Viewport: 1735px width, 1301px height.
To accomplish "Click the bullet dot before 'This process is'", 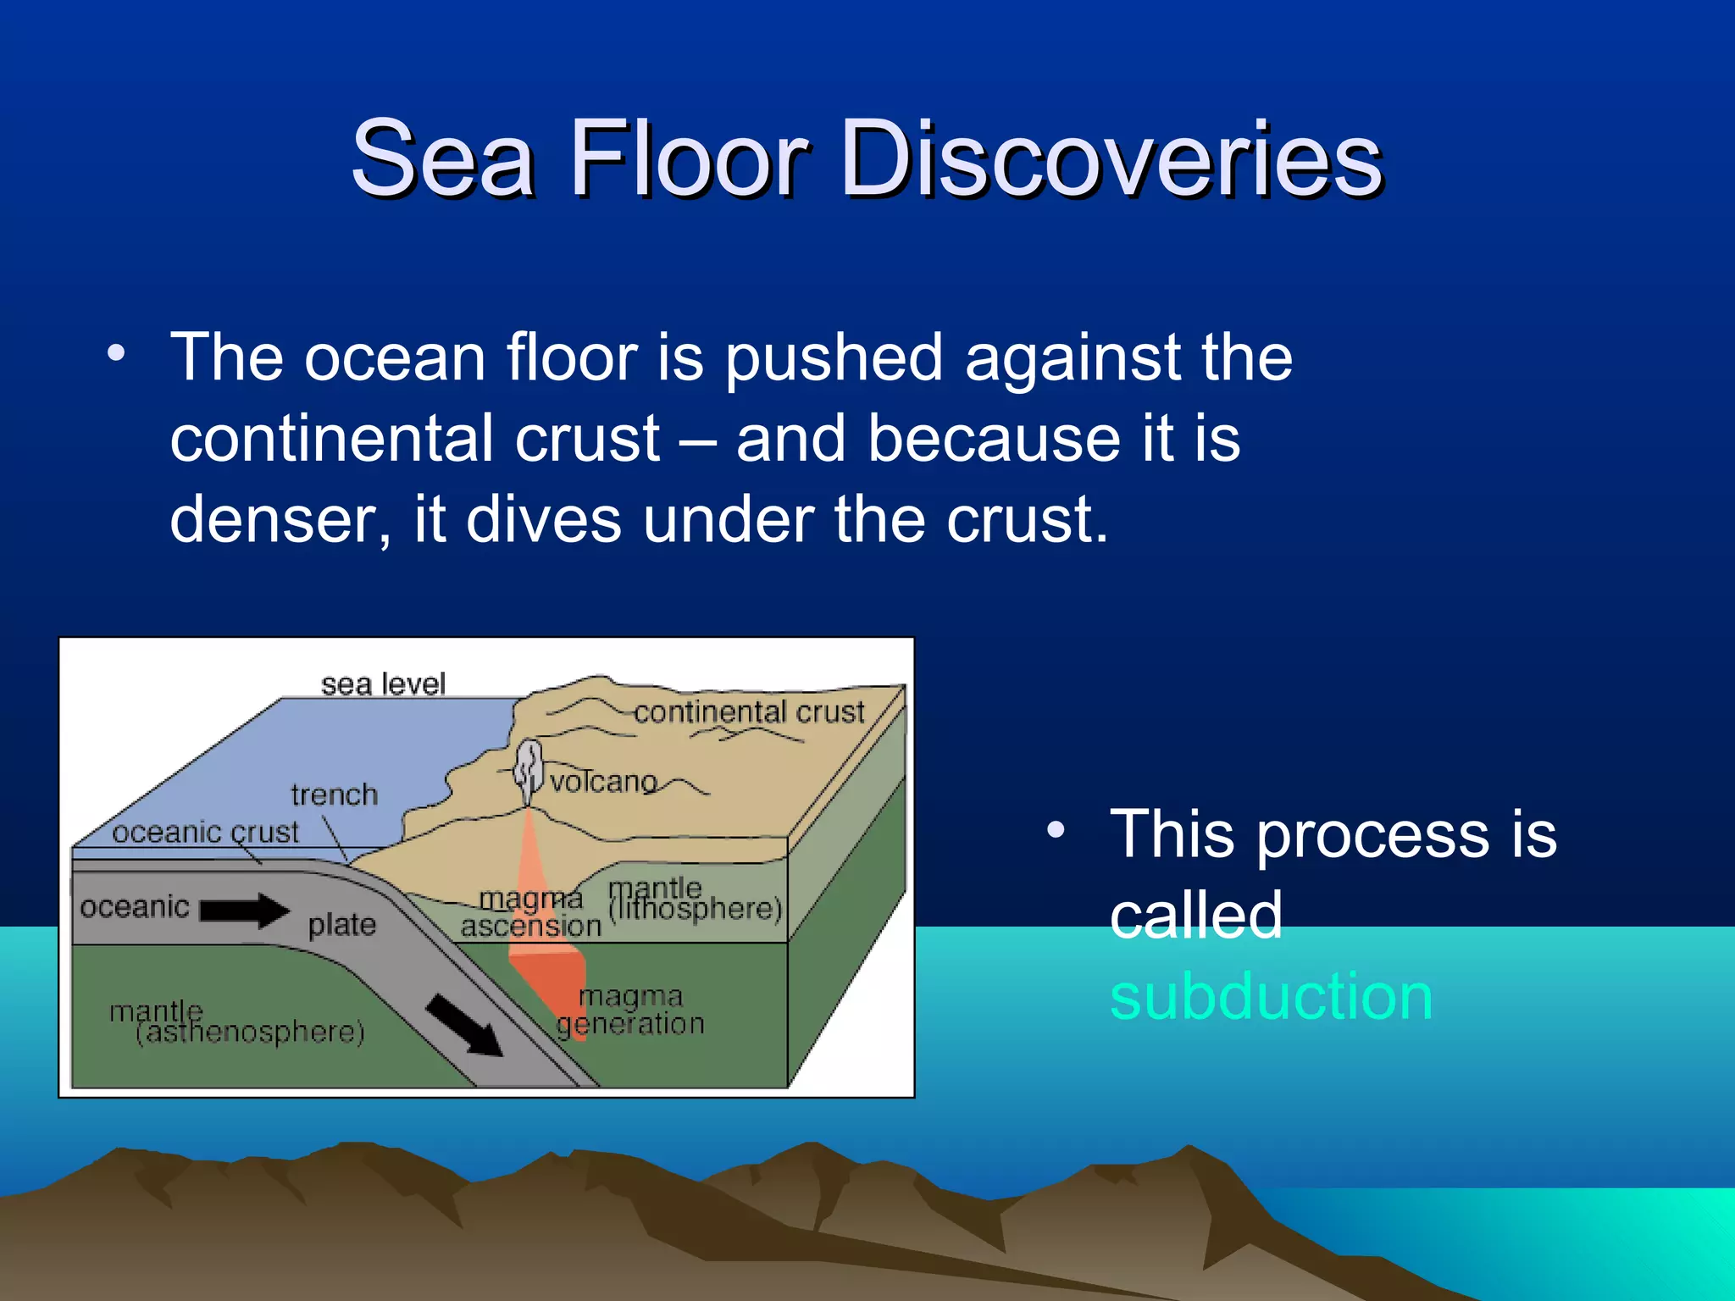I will coord(1055,831).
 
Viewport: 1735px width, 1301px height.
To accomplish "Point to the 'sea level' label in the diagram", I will coord(383,684).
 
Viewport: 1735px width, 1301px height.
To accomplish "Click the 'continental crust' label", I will coord(749,711).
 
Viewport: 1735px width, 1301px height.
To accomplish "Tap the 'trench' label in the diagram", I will coord(334,794).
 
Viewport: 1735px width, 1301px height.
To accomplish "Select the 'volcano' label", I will coord(603,781).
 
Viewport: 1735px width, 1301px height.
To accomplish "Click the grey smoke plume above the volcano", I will coord(529,767).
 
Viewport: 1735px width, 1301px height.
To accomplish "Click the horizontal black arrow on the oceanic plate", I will coord(244,911).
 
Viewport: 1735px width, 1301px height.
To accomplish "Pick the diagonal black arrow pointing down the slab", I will coord(463,1026).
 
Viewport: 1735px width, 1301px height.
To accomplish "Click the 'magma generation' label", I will coord(630,1010).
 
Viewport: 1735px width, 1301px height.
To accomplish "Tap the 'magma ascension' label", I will coord(530,912).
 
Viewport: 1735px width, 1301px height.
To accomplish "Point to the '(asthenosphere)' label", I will coord(250,1032).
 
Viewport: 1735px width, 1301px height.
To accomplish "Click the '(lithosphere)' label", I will coord(695,908).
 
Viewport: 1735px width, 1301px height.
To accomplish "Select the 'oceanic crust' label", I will coord(205,832).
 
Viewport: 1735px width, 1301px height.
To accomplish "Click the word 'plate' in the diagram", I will coord(341,924).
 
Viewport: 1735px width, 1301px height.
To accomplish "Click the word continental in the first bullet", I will coord(414,438).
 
